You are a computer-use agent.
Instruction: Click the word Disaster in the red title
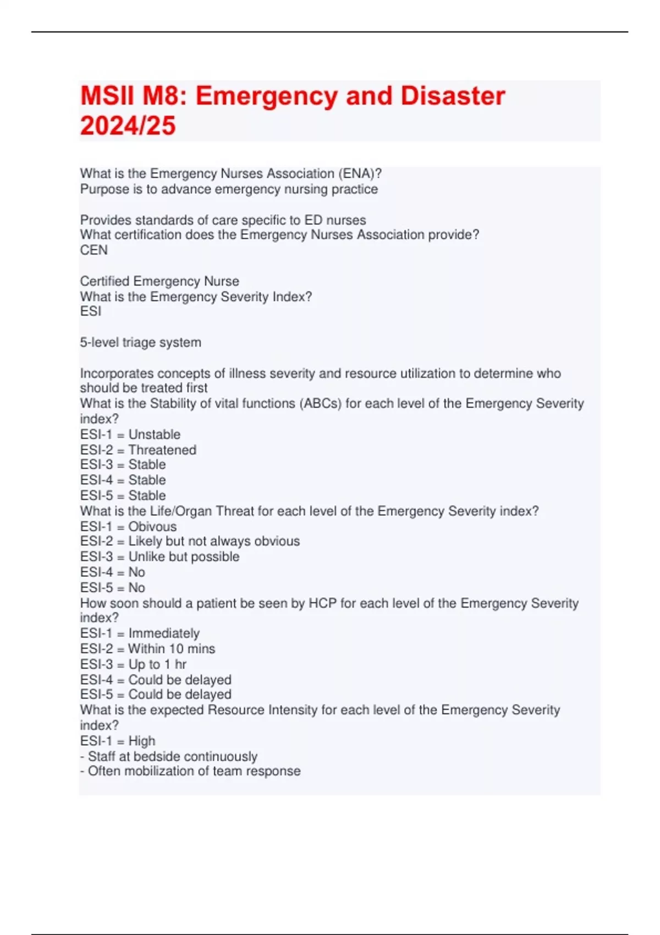[453, 96]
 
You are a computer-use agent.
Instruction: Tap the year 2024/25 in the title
[128, 126]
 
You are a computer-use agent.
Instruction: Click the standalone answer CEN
[94, 250]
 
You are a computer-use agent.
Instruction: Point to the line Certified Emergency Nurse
[159, 282]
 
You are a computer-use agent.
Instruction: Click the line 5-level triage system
[141, 343]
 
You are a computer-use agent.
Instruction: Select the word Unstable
[155, 435]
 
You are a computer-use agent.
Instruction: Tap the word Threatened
[162, 450]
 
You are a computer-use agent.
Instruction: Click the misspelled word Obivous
[152, 526]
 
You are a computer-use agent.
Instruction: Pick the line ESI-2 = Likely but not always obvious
[190, 541]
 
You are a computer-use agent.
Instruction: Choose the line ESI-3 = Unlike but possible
[159, 557]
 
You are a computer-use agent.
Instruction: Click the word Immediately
[164, 633]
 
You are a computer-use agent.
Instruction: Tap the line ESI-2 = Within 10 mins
[147, 649]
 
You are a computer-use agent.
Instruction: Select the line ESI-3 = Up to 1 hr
[133, 664]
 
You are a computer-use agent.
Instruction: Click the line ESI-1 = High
[118, 741]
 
